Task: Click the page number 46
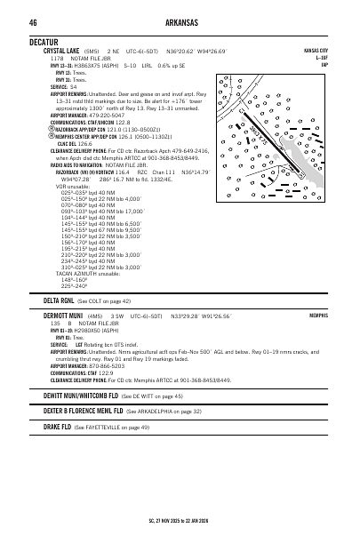click(x=32, y=22)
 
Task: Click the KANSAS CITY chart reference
click(x=316, y=52)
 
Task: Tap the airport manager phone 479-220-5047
click(x=100, y=115)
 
